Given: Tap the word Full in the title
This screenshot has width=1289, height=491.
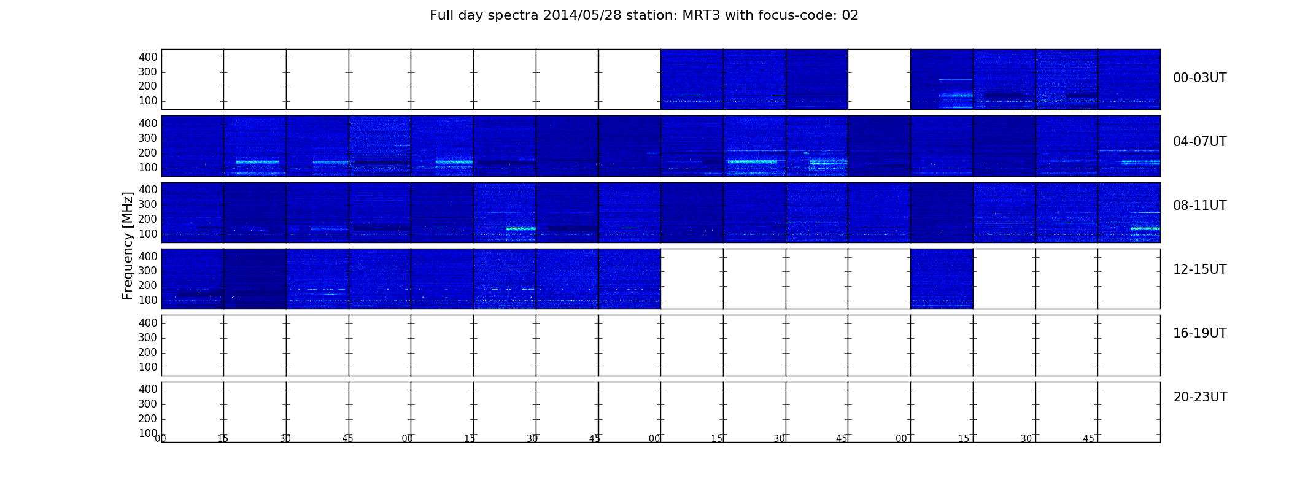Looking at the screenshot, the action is (441, 15).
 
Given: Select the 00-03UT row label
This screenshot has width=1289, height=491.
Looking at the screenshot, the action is (1200, 78).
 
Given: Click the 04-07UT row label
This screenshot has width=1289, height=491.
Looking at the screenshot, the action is (1200, 142).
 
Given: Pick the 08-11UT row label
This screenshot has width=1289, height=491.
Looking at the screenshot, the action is (1200, 206).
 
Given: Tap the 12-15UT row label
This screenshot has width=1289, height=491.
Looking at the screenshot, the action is (1200, 269).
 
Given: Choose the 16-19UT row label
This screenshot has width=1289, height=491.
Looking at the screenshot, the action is (1200, 333).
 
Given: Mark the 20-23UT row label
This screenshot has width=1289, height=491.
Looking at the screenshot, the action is (1200, 397).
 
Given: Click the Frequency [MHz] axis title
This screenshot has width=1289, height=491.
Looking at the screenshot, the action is (128, 245).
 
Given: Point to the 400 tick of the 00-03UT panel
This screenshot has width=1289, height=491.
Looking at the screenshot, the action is (148, 57).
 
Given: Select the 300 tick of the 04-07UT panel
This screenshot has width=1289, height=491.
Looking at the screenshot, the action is (148, 138).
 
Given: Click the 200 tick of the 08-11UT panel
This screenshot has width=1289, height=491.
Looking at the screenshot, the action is (148, 219).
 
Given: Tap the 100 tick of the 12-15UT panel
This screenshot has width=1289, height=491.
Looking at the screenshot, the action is (148, 300).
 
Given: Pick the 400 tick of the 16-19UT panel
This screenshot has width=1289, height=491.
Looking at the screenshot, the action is (148, 323).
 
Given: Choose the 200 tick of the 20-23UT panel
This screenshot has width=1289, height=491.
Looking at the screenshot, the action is (148, 419).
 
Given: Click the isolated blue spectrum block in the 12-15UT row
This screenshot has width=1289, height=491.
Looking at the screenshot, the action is (942, 279).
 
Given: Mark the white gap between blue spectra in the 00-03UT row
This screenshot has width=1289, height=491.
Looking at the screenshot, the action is (879, 79).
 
